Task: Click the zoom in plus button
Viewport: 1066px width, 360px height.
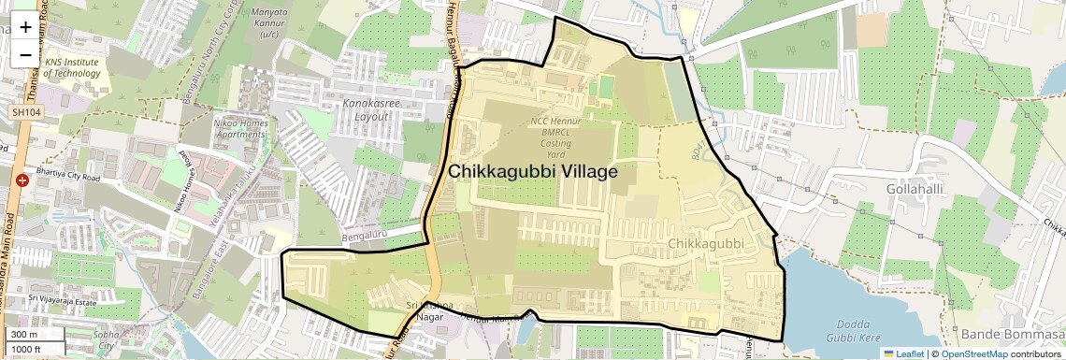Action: [x=25, y=26]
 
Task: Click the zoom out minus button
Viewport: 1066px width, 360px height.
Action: [x=25, y=54]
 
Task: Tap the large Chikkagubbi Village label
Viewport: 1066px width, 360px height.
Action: [x=532, y=172]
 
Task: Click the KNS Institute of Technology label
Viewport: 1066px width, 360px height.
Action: [x=71, y=68]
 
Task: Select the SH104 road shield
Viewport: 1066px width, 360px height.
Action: [x=25, y=112]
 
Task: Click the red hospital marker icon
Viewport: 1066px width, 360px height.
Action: [x=21, y=179]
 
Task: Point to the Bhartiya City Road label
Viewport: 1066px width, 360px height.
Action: [x=67, y=174]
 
